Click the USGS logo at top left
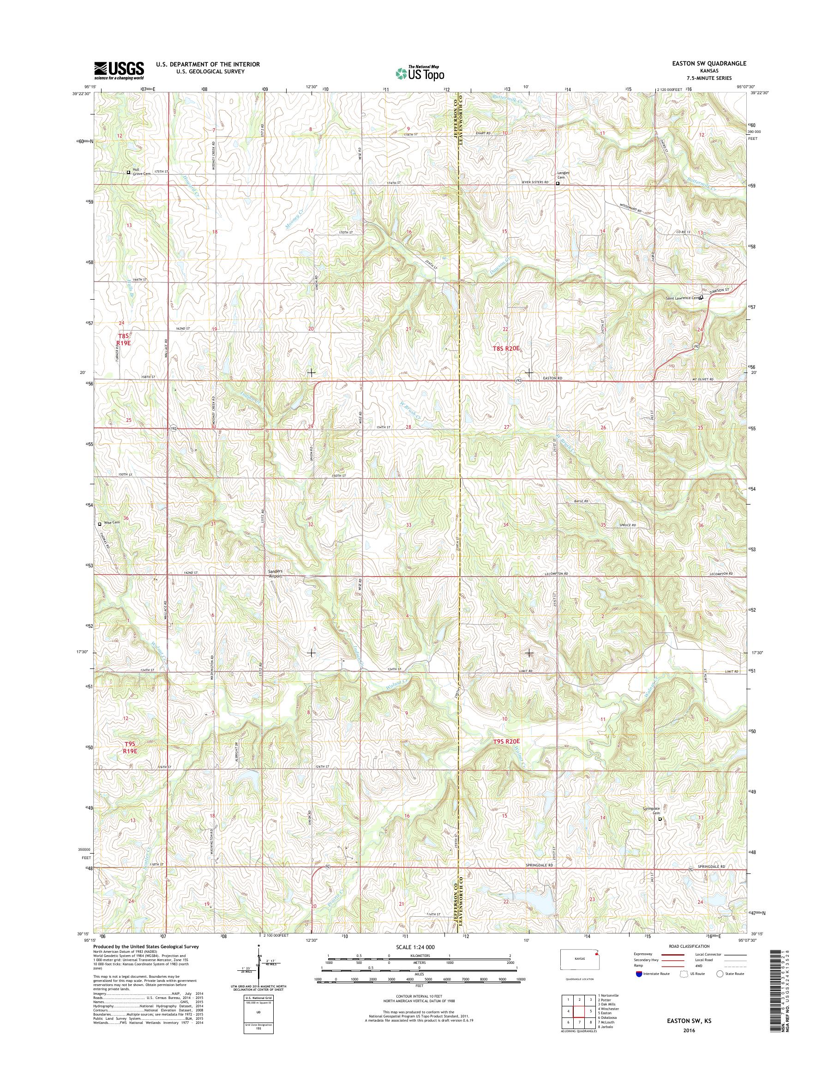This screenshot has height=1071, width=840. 119,70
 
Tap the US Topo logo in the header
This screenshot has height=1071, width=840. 420,73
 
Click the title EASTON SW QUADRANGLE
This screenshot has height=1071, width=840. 705,63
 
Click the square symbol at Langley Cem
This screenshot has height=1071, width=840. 557,184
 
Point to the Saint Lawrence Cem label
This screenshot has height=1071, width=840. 682,298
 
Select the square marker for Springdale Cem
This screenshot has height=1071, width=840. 660,819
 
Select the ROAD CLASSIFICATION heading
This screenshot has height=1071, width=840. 689,946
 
